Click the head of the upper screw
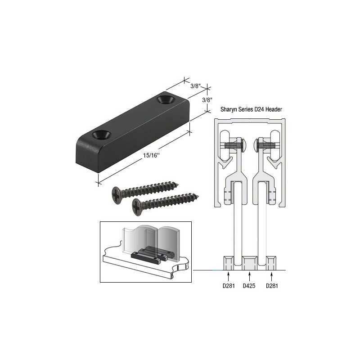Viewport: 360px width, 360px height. [x=118, y=193]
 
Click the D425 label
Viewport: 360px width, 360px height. [x=250, y=286]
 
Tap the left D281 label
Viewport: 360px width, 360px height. [x=229, y=286]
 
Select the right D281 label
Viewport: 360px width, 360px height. [x=272, y=286]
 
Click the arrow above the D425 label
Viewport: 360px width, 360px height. [x=250, y=275]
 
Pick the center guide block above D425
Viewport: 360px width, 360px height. [x=250, y=262]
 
